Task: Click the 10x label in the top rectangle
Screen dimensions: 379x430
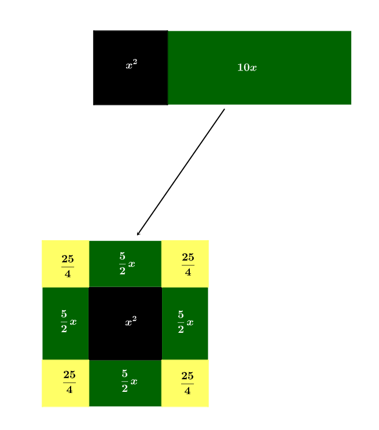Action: (247, 68)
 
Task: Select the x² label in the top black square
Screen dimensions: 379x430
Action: (131, 65)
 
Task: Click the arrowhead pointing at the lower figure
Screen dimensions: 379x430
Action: (138, 234)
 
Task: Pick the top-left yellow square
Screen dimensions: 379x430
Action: (65, 263)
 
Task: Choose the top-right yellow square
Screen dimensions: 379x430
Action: (185, 263)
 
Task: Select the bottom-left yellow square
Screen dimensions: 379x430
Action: (65, 383)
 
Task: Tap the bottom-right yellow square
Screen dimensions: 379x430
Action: (185, 383)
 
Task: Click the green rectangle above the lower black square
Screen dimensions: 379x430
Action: (125, 263)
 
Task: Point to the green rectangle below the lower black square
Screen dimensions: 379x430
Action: (125, 383)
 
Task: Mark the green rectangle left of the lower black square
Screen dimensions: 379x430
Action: (65, 323)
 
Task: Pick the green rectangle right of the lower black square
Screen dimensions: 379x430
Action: (185, 323)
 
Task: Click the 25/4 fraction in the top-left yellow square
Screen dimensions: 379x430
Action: (68, 266)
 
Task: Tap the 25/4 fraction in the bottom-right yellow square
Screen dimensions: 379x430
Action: (187, 383)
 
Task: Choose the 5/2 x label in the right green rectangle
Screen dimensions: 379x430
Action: (185, 322)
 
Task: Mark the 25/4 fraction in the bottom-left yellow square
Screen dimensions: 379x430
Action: (69, 381)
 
